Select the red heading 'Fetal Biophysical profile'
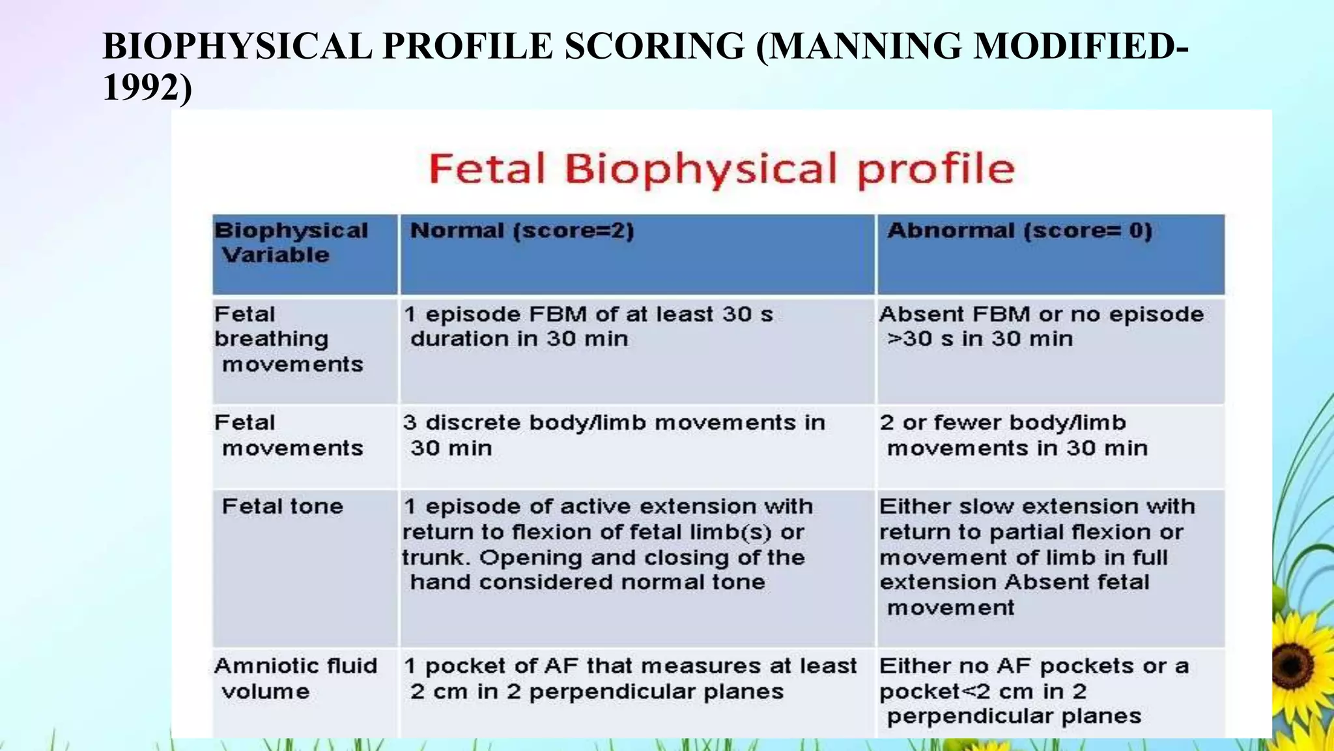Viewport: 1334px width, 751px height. click(x=721, y=169)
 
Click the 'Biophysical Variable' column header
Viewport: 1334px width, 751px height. click(x=291, y=243)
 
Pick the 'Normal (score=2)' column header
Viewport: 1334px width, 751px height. click(x=522, y=231)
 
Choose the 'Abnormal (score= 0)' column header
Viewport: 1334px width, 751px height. click(x=1019, y=231)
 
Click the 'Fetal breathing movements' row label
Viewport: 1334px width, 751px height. click(x=289, y=339)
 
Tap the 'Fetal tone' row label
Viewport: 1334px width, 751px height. click(x=282, y=507)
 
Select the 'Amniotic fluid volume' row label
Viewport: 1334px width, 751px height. click(x=295, y=679)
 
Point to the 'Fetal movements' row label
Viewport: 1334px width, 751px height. click(x=289, y=435)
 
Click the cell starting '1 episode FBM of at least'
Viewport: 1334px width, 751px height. click(x=588, y=327)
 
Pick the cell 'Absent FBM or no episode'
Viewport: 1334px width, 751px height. click(x=1041, y=327)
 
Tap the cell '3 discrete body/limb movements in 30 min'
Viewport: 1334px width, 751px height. click(x=613, y=435)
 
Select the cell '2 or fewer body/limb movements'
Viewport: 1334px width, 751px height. click(x=1013, y=435)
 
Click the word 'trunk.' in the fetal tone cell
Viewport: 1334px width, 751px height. click(x=435, y=558)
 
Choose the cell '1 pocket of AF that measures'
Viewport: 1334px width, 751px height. click(x=629, y=679)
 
